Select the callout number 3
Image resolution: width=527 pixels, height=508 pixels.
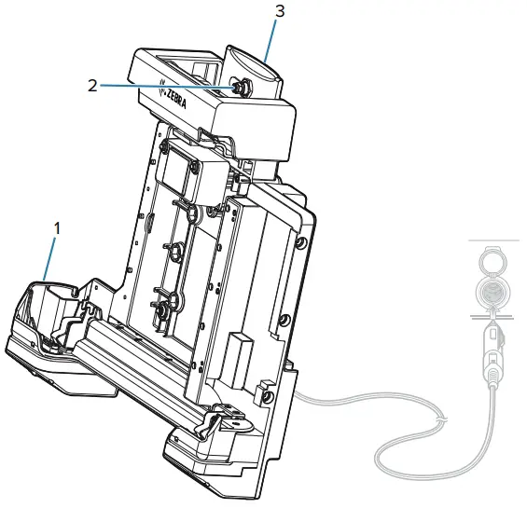(x=279, y=12)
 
